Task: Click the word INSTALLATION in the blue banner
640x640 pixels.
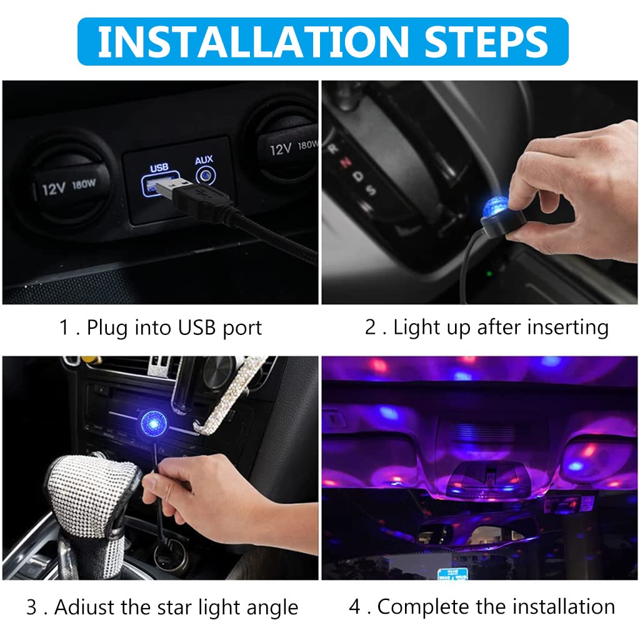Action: click(x=253, y=42)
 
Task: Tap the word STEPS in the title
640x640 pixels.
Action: click(x=486, y=42)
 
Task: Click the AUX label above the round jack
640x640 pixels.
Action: click(x=204, y=160)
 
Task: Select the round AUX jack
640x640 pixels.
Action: click(x=206, y=176)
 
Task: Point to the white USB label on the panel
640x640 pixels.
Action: click(x=159, y=167)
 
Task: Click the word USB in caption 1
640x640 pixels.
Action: click(x=197, y=327)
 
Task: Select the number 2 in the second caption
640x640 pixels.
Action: click(x=370, y=327)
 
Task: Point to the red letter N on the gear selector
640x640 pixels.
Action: click(x=346, y=162)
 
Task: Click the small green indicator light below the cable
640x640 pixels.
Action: click(x=489, y=273)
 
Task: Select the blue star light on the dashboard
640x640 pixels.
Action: click(x=154, y=423)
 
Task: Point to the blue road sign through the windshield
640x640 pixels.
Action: click(x=452, y=574)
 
